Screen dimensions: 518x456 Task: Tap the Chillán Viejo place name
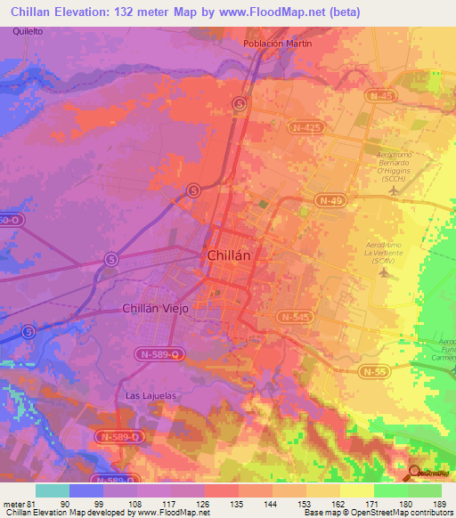pyautogui.click(x=156, y=308)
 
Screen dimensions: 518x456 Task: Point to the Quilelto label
pyautogui.click(x=28, y=31)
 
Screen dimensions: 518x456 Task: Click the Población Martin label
pyautogui.click(x=279, y=44)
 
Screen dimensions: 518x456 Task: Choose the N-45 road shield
pyautogui.click(x=381, y=95)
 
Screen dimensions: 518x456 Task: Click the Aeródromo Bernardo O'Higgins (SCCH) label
pyautogui.click(x=386, y=166)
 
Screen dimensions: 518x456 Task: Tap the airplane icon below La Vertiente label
pyautogui.click(x=384, y=271)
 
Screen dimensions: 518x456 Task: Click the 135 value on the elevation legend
pyautogui.click(x=240, y=505)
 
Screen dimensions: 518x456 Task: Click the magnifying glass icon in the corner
pyautogui.click(x=416, y=474)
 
